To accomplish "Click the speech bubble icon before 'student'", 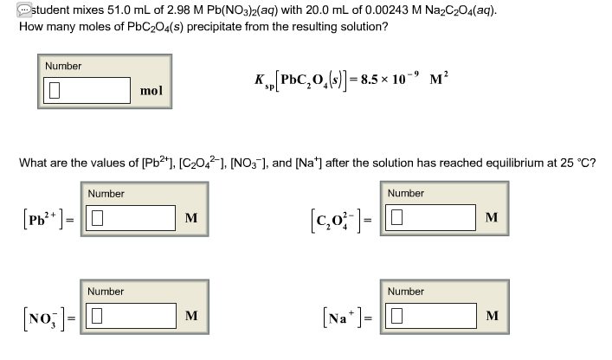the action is click(10, 10).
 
